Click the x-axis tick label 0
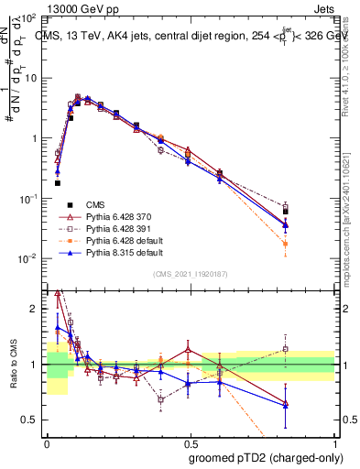tap(47, 441)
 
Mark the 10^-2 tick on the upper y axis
tap(29, 259)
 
